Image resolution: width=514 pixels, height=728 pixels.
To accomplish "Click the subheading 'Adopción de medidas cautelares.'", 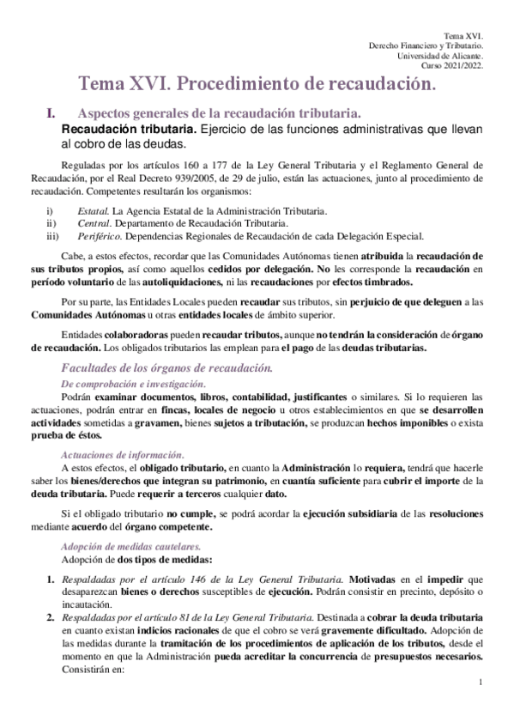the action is pyautogui.click(x=130, y=546).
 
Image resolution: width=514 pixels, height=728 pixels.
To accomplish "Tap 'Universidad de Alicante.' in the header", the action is pyautogui.click(x=440, y=56).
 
